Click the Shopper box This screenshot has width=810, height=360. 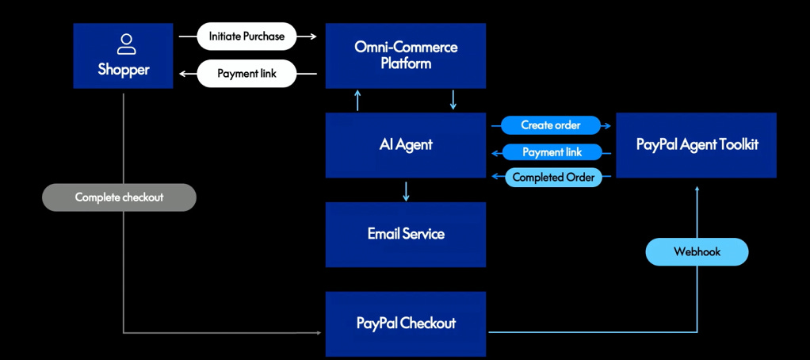(x=123, y=56)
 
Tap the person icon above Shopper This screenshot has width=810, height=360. (x=124, y=43)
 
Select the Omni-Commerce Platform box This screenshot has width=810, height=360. (x=405, y=56)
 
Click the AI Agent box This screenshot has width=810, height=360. (x=405, y=145)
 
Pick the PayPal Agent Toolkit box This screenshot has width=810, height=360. (x=696, y=145)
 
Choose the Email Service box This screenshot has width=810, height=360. (x=405, y=234)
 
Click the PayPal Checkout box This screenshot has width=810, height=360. (x=405, y=324)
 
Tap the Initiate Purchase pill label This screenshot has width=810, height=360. (x=246, y=36)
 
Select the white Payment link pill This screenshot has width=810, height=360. (x=246, y=74)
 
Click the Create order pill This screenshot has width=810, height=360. (x=550, y=125)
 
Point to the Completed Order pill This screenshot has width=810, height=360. (x=552, y=178)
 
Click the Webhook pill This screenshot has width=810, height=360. (x=697, y=251)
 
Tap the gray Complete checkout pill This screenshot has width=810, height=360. (x=119, y=197)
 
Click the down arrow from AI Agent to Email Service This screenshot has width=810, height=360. (x=406, y=191)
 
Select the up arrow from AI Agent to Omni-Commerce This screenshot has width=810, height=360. (x=358, y=100)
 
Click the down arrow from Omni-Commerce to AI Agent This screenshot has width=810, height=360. (x=453, y=100)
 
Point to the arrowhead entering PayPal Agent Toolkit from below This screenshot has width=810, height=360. (x=697, y=189)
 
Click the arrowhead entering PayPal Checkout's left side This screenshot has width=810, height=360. (x=318, y=332)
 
